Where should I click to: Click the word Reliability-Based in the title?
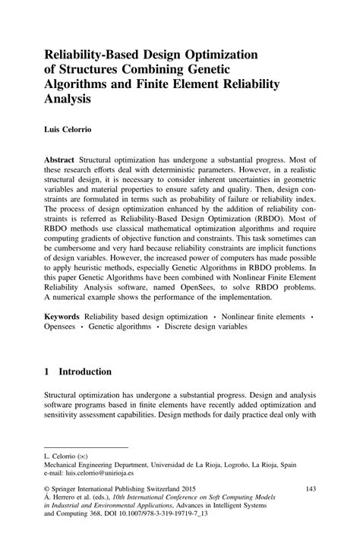pos(94,54)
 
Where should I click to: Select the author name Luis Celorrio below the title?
pos(70,130)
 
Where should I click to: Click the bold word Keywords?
pos(62,336)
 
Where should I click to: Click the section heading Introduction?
pos(86,393)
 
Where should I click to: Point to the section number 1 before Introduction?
pos(47,393)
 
